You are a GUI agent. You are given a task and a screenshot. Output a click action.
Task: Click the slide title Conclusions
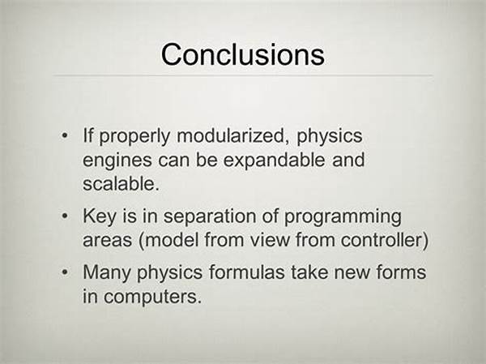click(243, 54)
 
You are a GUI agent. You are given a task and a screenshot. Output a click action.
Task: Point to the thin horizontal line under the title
click(243, 75)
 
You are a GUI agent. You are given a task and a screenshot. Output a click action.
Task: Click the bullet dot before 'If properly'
click(65, 135)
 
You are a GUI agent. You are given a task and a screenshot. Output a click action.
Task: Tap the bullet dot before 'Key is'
click(65, 216)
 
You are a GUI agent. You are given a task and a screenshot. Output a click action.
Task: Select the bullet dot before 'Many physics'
click(65, 272)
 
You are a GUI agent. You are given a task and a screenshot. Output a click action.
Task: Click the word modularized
click(231, 135)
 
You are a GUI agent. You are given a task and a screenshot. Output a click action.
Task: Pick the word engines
click(117, 161)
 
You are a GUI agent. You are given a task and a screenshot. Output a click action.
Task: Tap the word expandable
click(275, 160)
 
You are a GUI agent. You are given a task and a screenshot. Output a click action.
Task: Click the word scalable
click(121, 184)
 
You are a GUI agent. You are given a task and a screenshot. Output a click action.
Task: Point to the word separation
click(210, 216)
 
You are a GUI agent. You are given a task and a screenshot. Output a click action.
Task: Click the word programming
click(343, 217)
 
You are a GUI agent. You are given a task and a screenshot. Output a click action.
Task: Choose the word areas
click(107, 241)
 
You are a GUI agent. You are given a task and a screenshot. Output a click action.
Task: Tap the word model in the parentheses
click(172, 240)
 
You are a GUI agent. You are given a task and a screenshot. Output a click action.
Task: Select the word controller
click(382, 240)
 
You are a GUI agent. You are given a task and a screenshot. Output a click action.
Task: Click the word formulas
click(247, 272)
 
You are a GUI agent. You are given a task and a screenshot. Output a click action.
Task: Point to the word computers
click(151, 297)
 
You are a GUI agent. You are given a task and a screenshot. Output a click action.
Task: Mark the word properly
click(134, 136)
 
